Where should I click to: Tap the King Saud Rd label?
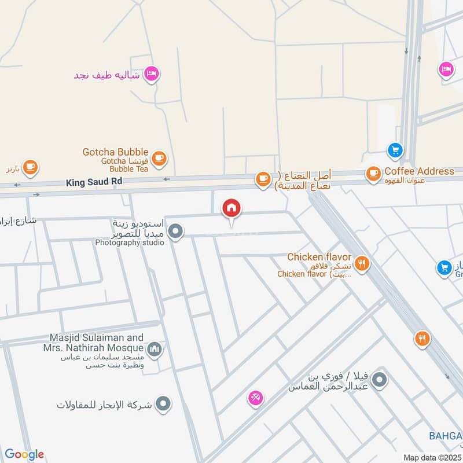pyautogui.click(x=94, y=182)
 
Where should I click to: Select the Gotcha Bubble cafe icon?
pyautogui.click(x=159, y=157)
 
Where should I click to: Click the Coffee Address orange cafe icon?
pyautogui.click(x=373, y=172)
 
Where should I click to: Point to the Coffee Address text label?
pyautogui.click(x=419, y=171)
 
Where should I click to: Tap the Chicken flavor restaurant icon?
pyautogui.click(x=362, y=263)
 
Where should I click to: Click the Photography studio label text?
pyautogui.click(x=130, y=242)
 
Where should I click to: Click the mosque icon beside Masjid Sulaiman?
pyautogui.click(x=154, y=349)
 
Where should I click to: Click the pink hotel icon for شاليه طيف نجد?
pyautogui.click(x=152, y=74)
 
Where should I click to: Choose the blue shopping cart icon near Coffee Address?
pyautogui.click(x=395, y=150)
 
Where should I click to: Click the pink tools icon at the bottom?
pyautogui.click(x=255, y=398)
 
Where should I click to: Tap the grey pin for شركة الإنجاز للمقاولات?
pyautogui.click(x=164, y=403)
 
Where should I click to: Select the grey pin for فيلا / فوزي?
pyautogui.click(x=380, y=380)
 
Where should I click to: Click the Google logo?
pyautogui.click(x=24, y=454)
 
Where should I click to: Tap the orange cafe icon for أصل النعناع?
pyautogui.click(x=263, y=179)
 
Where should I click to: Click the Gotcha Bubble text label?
pyautogui.click(x=115, y=152)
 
